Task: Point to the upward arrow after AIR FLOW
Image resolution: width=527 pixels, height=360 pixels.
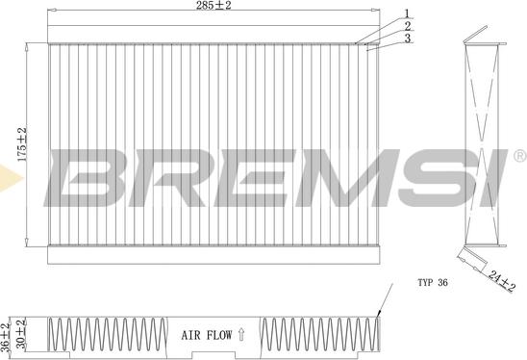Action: coord(240,337)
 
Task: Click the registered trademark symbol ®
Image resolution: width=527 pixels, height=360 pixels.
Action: coord(519,155)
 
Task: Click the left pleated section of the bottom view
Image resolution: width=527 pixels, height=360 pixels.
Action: coord(105,335)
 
